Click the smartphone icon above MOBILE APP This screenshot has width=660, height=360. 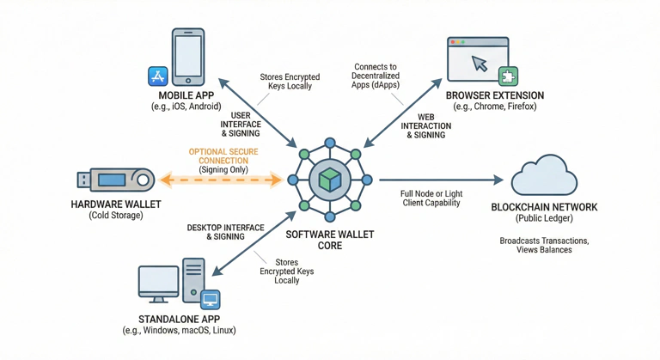188,58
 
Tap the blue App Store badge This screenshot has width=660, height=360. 158,76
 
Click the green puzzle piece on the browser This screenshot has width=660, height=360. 507,75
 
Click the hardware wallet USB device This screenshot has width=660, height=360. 115,180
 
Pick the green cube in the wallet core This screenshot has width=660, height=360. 329,180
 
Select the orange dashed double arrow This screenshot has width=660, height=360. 223,180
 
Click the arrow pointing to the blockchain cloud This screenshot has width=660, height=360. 440,180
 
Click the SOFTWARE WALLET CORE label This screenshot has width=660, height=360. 329,240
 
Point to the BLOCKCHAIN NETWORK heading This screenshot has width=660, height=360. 543,208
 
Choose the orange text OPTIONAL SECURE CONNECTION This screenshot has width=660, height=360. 223,156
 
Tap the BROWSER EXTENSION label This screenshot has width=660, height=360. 493,95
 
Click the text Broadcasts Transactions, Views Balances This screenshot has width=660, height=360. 543,245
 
